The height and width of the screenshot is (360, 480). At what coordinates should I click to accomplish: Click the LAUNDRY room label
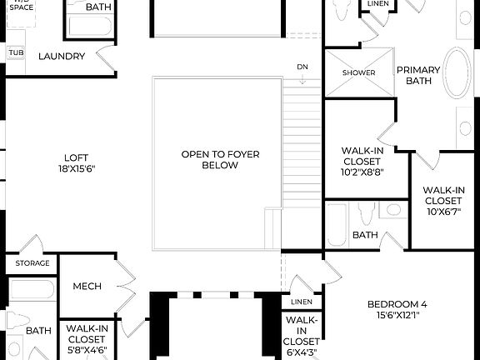[62, 57]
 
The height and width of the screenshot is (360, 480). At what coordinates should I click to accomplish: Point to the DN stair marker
[302, 67]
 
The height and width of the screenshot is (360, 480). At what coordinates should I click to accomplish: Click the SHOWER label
[359, 72]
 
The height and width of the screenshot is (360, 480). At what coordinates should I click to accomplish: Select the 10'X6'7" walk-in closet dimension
[443, 212]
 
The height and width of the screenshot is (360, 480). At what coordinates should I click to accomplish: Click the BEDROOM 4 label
[397, 304]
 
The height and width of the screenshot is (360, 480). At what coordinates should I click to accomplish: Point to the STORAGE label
[32, 263]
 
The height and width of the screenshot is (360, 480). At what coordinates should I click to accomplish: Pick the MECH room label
[87, 287]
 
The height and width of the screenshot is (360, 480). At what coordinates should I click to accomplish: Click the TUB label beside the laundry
[16, 52]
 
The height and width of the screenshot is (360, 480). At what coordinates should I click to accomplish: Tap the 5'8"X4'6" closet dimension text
[87, 351]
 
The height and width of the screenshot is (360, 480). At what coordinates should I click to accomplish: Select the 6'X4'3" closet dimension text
[301, 352]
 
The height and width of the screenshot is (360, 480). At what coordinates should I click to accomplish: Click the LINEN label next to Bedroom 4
[301, 301]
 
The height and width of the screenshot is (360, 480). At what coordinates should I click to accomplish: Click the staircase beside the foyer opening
[302, 167]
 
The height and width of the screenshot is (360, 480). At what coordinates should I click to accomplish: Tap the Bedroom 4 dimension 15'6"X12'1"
[397, 316]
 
